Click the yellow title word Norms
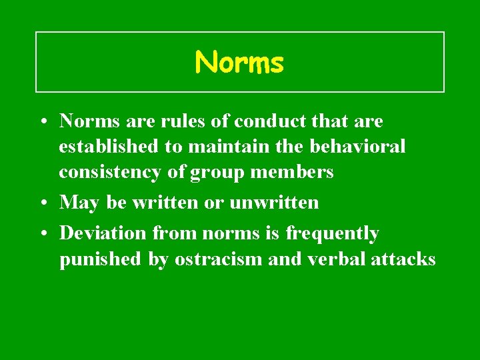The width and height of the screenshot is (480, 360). click(239, 63)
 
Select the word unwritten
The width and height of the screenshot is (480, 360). click(274, 202)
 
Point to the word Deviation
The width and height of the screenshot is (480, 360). click(101, 233)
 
